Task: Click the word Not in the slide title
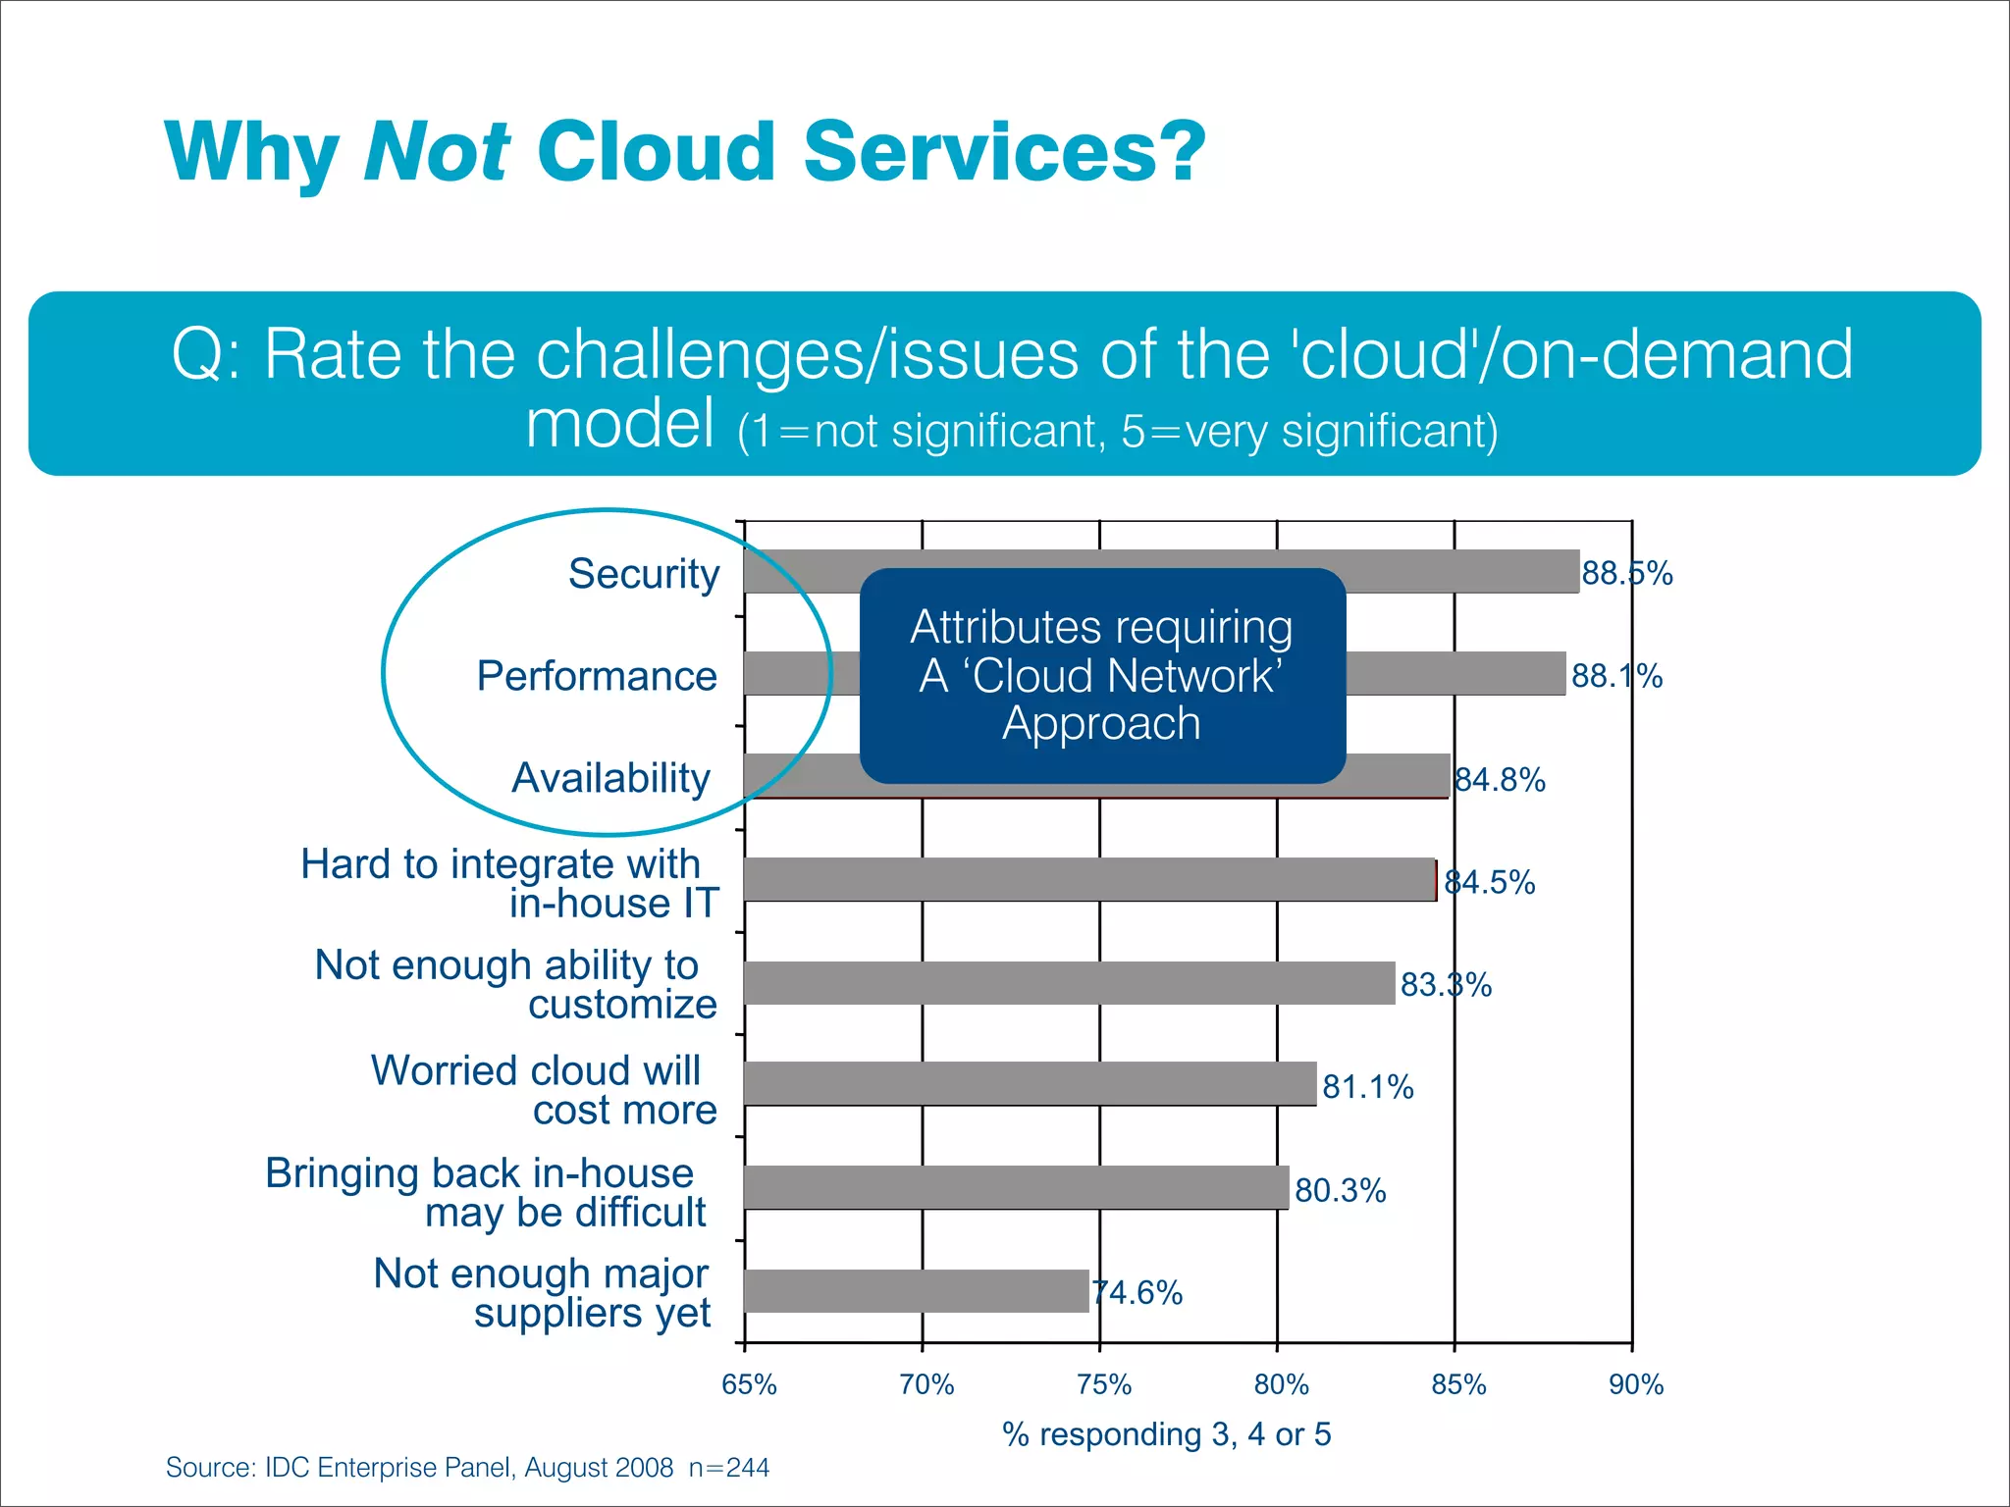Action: tap(436, 152)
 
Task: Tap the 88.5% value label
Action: tap(1626, 574)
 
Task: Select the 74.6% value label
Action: tap(1137, 1293)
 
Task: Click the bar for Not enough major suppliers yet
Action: tap(916, 1291)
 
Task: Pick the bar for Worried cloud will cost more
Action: tap(1030, 1084)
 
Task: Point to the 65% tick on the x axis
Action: tap(749, 1385)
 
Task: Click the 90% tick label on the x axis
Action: tap(1636, 1385)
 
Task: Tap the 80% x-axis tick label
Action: tap(1281, 1385)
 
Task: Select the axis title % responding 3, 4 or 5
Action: tap(1166, 1435)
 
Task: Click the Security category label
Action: tap(644, 574)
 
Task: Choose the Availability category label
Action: tap(610, 778)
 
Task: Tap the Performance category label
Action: tap(597, 676)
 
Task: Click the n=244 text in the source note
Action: tap(729, 1468)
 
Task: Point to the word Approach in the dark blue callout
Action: tap(1101, 724)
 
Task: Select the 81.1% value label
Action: tap(1367, 1087)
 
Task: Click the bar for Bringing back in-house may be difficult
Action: tap(1016, 1187)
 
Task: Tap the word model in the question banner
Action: tap(620, 424)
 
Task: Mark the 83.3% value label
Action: tap(1446, 985)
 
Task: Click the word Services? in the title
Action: tap(1004, 152)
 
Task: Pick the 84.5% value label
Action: tap(1489, 883)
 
